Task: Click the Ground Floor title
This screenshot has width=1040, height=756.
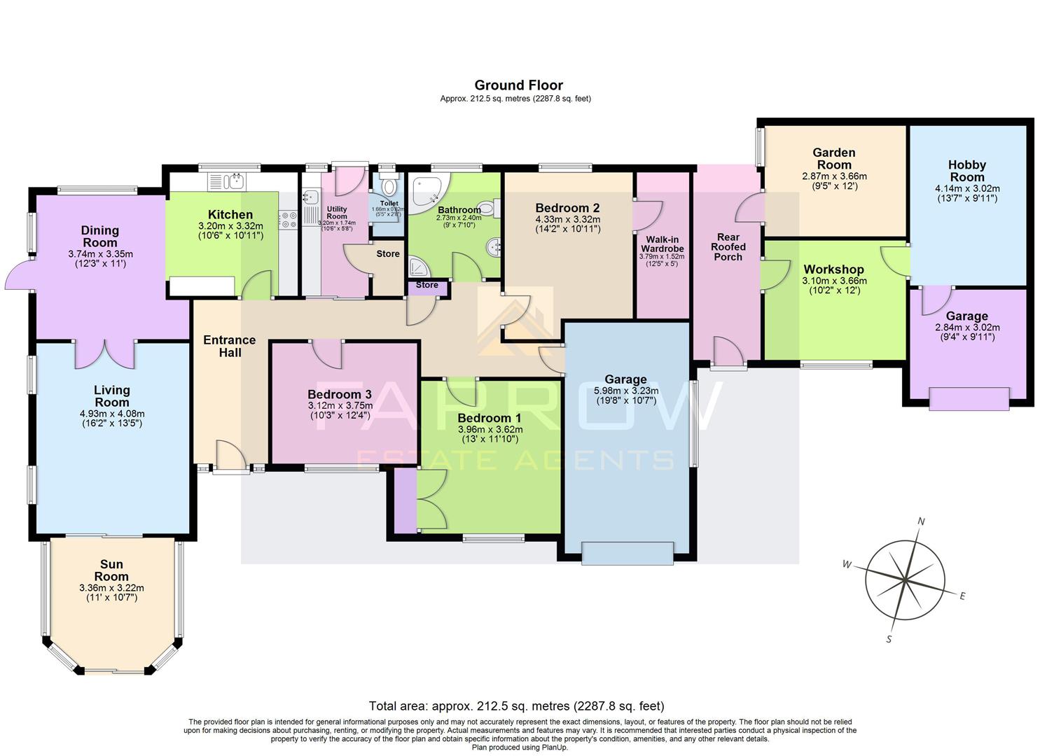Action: point(518,85)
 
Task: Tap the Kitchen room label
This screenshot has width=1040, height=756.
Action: point(230,215)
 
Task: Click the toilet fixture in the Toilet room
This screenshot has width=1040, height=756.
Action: point(389,188)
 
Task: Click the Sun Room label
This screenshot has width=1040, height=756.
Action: point(111,570)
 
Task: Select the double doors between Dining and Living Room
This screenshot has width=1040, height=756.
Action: point(105,354)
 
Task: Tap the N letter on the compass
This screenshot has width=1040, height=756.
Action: point(922,521)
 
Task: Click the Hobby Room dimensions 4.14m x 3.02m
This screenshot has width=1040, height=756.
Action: point(966,188)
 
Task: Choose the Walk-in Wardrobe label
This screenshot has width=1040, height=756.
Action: point(662,244)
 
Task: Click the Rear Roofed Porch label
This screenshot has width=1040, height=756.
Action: point(728,247)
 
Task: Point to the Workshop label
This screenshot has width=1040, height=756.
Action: point(833,269)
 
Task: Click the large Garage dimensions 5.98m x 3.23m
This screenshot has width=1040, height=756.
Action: point(625,391)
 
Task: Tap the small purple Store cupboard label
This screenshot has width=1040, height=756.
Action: point(427,285)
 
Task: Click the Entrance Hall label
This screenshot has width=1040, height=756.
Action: point(230,346)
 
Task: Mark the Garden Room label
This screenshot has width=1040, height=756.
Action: point(833,159)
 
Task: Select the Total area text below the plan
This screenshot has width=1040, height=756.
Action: point(516,706)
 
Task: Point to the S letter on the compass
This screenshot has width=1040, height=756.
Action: point(889,639)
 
